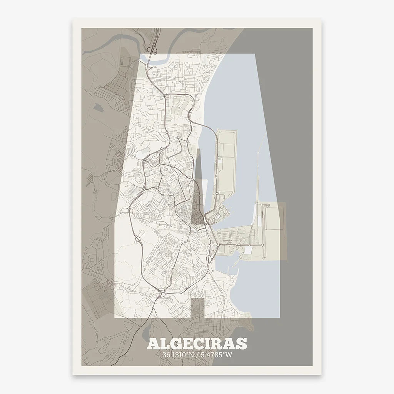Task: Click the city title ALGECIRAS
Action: (x=197, y=344)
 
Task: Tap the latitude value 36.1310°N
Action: (x=179, y=355)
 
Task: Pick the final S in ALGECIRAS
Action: (x=242, y=344)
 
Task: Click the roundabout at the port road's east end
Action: (x=263, y=245)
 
